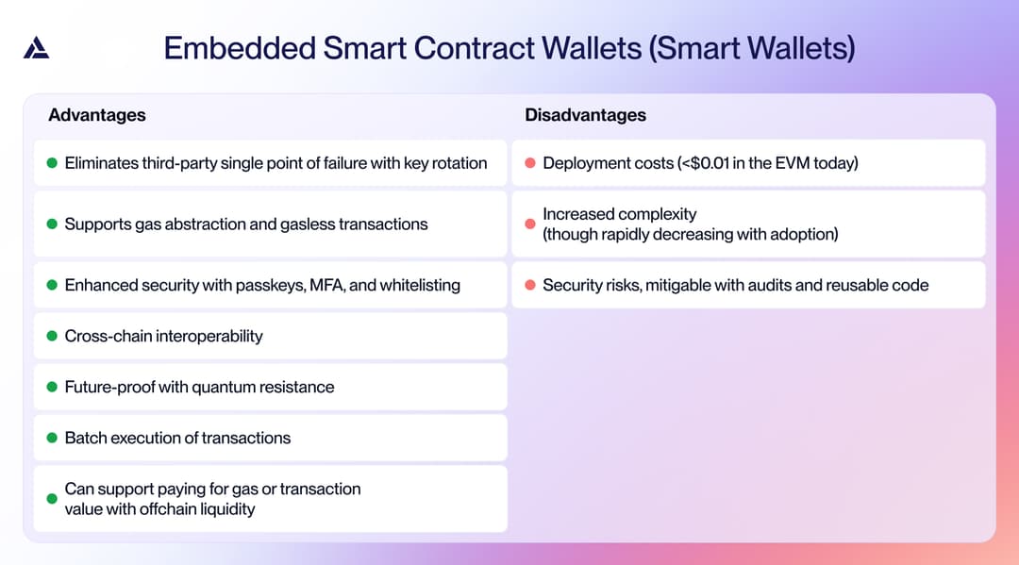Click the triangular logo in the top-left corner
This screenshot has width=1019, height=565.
36,47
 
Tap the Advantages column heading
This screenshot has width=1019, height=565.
97,115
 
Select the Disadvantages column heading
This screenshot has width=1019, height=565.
585,115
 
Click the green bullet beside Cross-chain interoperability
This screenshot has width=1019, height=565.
52,336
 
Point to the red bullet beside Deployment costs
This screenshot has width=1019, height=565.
530,163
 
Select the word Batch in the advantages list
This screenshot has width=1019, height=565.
85,438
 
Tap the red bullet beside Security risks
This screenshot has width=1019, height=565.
530,285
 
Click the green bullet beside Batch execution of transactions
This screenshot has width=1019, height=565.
52,438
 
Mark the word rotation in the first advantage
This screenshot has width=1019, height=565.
459,163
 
